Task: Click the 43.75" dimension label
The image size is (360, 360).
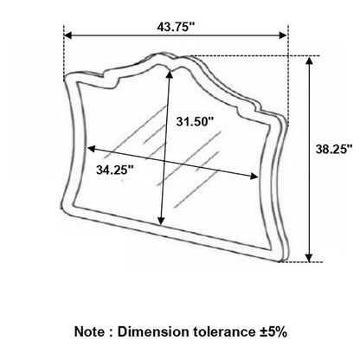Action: click(176, 27)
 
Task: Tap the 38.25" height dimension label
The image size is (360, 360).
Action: click(334, 149)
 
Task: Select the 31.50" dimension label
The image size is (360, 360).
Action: click(195, 121)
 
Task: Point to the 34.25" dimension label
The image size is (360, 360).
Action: click(115, 170)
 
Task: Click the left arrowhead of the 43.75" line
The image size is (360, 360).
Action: click(67, 35)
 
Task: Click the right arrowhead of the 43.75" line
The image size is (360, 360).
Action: click(283, 35)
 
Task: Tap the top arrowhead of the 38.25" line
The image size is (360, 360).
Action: click(309, 61)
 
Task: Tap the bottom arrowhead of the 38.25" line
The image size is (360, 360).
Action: click(309, 258)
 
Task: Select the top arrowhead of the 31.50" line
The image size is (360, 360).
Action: click(170, 74)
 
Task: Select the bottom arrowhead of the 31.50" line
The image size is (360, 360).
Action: click(162, 221)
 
